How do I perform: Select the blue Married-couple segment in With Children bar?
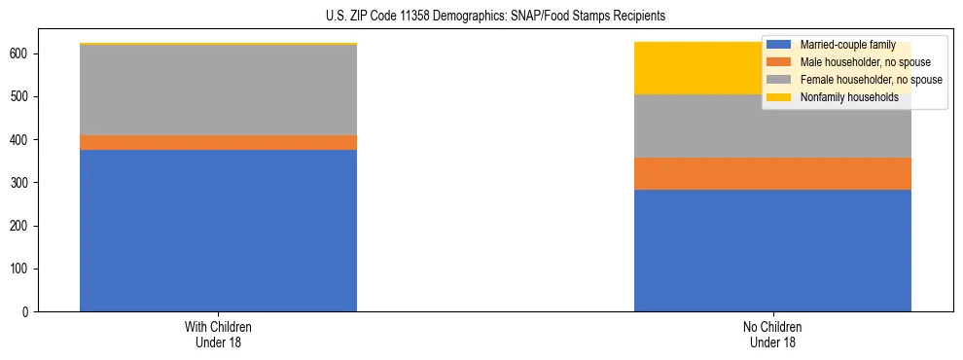(218, 231)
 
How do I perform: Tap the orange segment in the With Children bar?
(218, 142)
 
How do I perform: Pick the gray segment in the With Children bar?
(218, 90)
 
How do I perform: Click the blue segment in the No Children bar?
(772, 250)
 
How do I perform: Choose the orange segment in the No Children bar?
(772, 173)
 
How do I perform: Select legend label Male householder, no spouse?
(858, 63)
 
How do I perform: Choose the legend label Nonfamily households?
(848, 97)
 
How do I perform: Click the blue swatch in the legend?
(779, 46)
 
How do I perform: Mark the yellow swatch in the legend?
(779, 97)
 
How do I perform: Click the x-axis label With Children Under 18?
(218, 334)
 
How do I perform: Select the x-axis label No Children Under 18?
(772, 334)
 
